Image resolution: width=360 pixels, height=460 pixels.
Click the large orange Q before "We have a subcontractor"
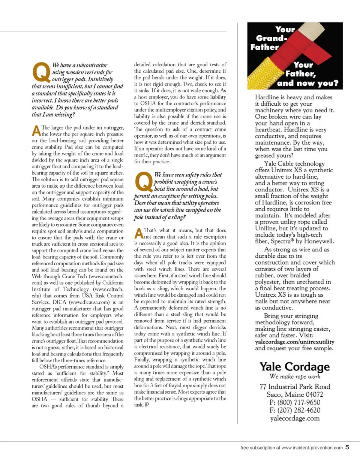point(42,72)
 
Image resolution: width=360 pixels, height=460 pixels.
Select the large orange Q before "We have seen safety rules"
point(142,181)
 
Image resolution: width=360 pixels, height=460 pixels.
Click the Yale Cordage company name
point(295,366)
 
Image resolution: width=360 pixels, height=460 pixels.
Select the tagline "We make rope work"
point(295,376)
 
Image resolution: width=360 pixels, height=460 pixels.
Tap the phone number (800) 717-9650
point(295,402)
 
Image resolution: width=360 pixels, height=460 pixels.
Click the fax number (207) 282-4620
point(295,411)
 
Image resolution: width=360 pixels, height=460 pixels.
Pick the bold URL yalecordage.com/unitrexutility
point(295,342)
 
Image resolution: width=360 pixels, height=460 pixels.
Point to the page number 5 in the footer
point(347,447)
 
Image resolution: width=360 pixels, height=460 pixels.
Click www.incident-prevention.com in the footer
point(312,447)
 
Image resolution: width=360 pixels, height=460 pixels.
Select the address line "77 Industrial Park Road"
point(295,386)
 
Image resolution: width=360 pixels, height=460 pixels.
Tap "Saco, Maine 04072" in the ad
point(295,394)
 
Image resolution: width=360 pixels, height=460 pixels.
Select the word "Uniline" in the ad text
point(267,228)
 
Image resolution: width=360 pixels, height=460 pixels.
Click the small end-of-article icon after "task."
point(147,405)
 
